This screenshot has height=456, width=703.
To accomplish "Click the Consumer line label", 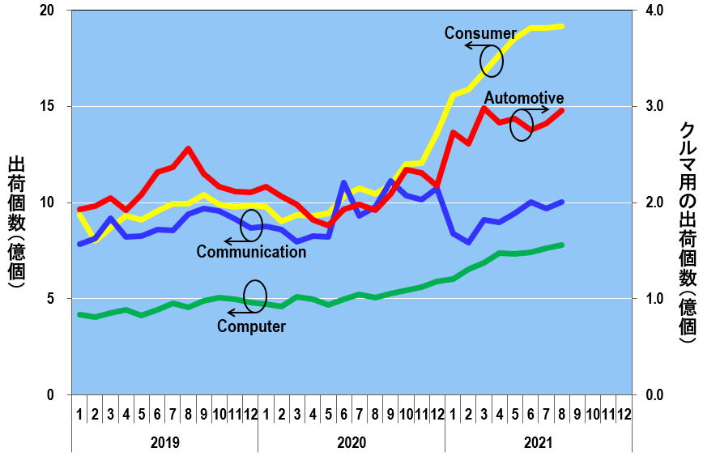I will (x=480, y=33).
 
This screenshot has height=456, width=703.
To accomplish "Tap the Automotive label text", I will (x=523, y=98).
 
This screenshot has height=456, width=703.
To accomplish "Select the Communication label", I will (x=251, y=252).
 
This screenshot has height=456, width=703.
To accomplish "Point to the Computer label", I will (x=251, y=327).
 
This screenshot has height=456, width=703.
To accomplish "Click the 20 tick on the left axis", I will (x=48, y=11).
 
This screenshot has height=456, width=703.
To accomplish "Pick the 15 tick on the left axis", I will (x=48, y=106).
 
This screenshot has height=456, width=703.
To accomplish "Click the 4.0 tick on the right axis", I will (x=654, y=11).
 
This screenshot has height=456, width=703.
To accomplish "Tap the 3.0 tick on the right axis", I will (x=654, y=106).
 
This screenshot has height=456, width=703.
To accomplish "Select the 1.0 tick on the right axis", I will (x=654, y=298).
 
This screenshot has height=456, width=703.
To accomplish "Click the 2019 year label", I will (x=164, y=443).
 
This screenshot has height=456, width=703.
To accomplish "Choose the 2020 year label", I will (x=351, y=443).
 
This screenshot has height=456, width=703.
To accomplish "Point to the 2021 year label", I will (x=538, y=443).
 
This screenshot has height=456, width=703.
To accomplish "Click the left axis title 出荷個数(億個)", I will (x=16, y=223).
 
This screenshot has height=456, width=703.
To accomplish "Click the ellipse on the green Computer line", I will (x=254, y=296).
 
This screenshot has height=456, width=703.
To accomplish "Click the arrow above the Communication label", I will (x=238, y=241).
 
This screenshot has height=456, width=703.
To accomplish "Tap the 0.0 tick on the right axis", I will (x=654, y=394).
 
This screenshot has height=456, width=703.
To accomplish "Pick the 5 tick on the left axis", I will (x=51, y=298).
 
